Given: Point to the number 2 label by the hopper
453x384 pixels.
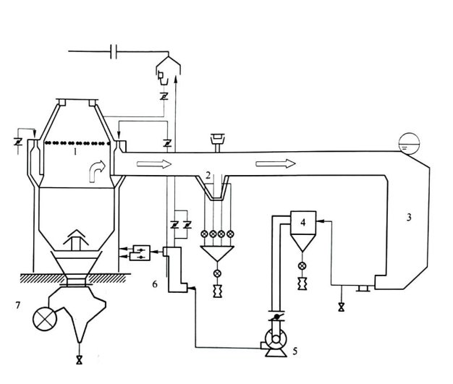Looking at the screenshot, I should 208,176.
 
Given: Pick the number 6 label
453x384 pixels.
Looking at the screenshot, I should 154,284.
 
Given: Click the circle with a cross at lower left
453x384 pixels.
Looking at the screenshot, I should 45,316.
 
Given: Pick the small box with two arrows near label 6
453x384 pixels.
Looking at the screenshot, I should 143,252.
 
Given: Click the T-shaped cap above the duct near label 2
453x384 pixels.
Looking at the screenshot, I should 215,137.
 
